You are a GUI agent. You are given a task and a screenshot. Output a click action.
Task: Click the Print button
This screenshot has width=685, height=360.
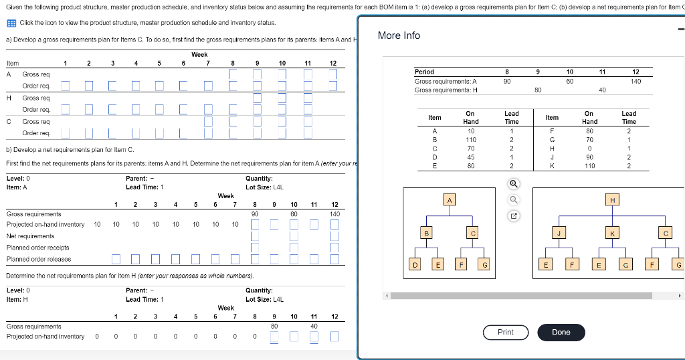click(x=506, y=332)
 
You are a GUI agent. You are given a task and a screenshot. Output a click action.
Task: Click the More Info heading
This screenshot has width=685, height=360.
click(x=399, y=35)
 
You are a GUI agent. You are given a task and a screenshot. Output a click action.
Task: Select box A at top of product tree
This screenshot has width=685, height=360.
click(x=450, y=200)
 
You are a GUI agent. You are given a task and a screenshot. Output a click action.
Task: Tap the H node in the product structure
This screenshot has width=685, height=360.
click(x=611, y=200)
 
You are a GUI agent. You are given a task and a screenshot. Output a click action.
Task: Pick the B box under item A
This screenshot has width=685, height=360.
click(x=426, y=233)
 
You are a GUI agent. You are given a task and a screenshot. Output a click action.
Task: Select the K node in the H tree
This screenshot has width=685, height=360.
click(x=611, y=233)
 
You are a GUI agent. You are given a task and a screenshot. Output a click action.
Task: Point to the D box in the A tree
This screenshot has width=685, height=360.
click(x=415, y=266)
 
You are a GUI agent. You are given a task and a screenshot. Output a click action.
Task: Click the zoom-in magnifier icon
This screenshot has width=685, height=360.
click(x=512, y=182)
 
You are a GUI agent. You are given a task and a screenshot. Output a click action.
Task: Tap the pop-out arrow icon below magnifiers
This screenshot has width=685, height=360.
click(x=512, y=215)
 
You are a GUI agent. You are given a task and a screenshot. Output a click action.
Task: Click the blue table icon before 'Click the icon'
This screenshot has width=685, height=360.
click(x=11, y=23)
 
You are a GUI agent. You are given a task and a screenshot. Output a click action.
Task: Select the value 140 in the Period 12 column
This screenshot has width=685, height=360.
click(x=635, y=81)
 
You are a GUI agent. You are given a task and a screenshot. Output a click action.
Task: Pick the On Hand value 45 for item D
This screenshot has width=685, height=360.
click(x=470, y=157)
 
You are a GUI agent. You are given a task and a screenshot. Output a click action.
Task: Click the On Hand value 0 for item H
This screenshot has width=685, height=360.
click(x=589, y=149)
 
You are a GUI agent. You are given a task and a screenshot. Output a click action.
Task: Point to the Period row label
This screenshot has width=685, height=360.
click(x=424, y=72)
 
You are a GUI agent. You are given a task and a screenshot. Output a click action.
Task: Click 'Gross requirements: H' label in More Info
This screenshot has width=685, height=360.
click(x=446, y=90)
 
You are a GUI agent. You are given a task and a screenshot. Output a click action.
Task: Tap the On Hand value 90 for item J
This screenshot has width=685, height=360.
click(x=589, y=157)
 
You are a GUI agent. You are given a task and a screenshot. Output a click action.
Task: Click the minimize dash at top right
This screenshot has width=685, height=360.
click(x=680, y=29)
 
